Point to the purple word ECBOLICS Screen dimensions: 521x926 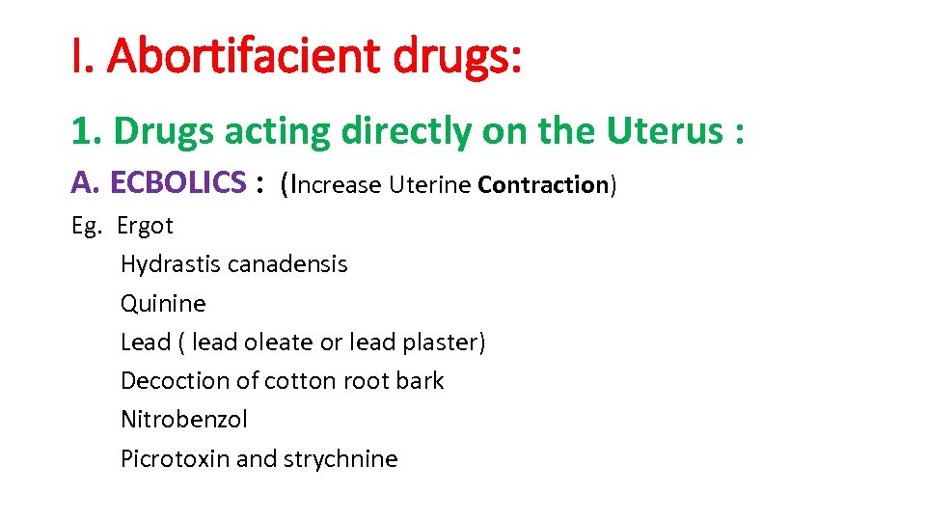(178, 181)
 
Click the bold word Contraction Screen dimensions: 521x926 (542, 184)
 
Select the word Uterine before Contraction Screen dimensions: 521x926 (430, 184)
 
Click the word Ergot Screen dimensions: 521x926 (145, 227)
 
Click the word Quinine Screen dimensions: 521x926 (163, 304)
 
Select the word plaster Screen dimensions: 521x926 (444, 343)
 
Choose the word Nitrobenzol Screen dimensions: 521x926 (184, 420)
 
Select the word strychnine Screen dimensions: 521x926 (340, 458)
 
